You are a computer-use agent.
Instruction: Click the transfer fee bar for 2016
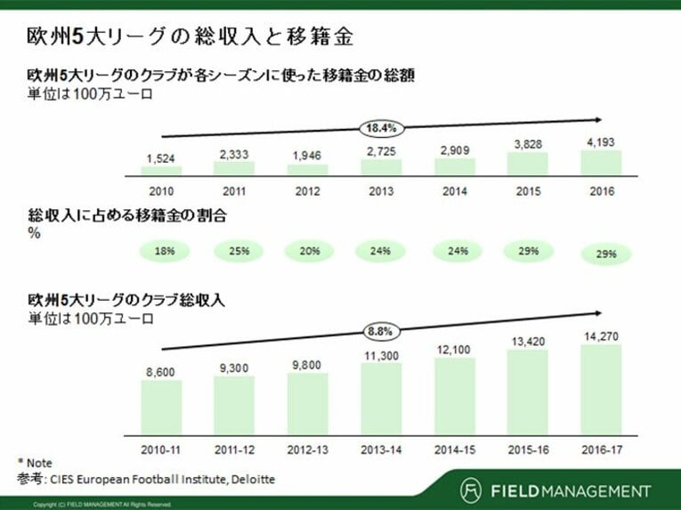601,162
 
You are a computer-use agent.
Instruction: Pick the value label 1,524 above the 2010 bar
161,159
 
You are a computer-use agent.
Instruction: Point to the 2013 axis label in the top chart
381,191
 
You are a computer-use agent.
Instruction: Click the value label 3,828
528,145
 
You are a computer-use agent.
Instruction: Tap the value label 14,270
602,336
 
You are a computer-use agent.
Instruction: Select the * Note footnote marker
35,464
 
